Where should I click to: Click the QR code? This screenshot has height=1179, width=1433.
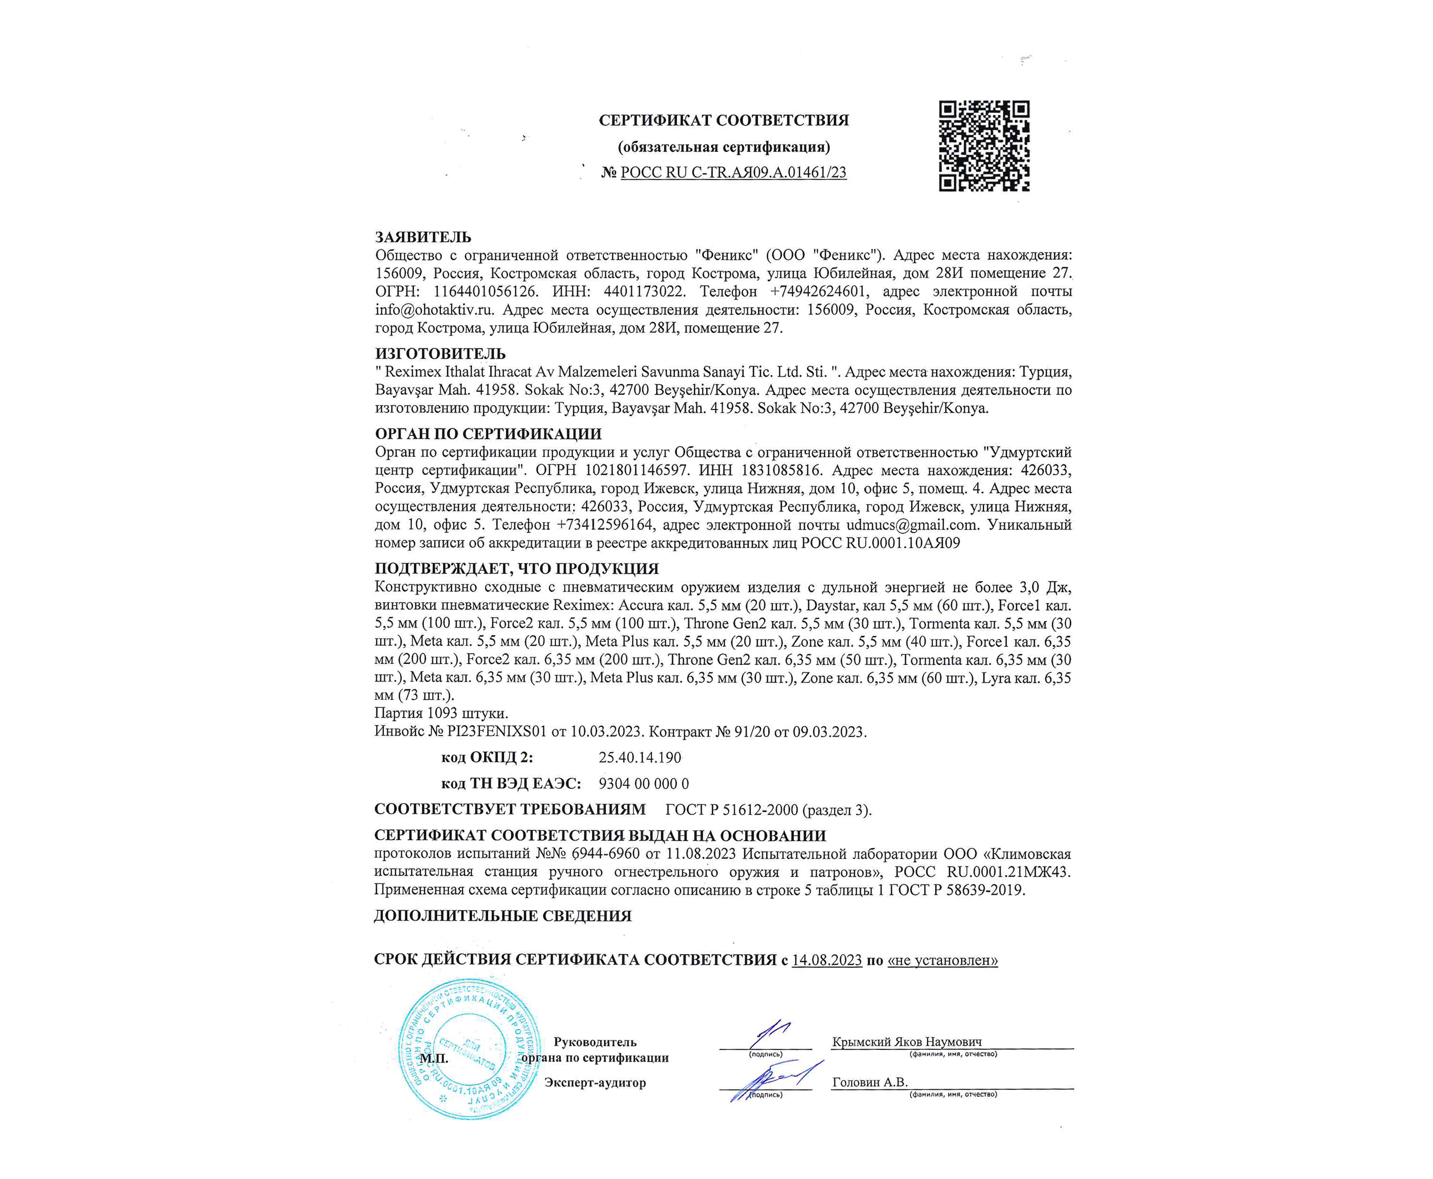coord(984,146)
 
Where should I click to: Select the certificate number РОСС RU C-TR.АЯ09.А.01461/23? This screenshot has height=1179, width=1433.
coord(733,172)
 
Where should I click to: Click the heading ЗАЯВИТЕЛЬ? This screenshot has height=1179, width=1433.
coord(423,237)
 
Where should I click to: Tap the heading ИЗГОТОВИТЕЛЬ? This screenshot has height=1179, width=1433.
coord(440,353)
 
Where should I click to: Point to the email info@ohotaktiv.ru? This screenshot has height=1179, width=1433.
coord(434,310)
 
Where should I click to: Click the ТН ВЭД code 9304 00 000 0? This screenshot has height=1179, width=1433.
coord(643,784)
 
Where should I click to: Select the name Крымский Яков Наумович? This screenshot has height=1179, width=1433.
coord(907,1042)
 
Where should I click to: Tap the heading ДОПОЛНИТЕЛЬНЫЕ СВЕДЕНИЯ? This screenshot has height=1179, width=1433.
coord(502,916)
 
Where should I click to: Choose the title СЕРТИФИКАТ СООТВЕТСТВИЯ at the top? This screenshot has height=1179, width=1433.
coord(723,120)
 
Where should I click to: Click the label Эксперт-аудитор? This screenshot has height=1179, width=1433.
coord(595,1082)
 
